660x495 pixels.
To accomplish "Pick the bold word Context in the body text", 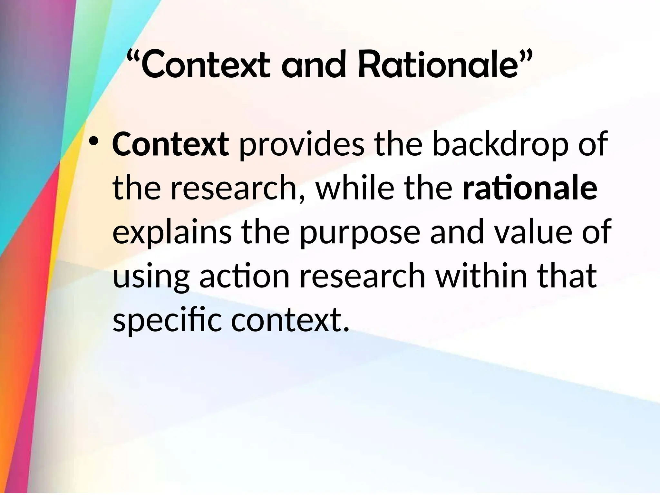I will tap(170, 145).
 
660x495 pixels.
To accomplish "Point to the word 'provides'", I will tap(302, 145).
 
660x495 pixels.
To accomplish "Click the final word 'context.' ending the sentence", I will tap(290, 321).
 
